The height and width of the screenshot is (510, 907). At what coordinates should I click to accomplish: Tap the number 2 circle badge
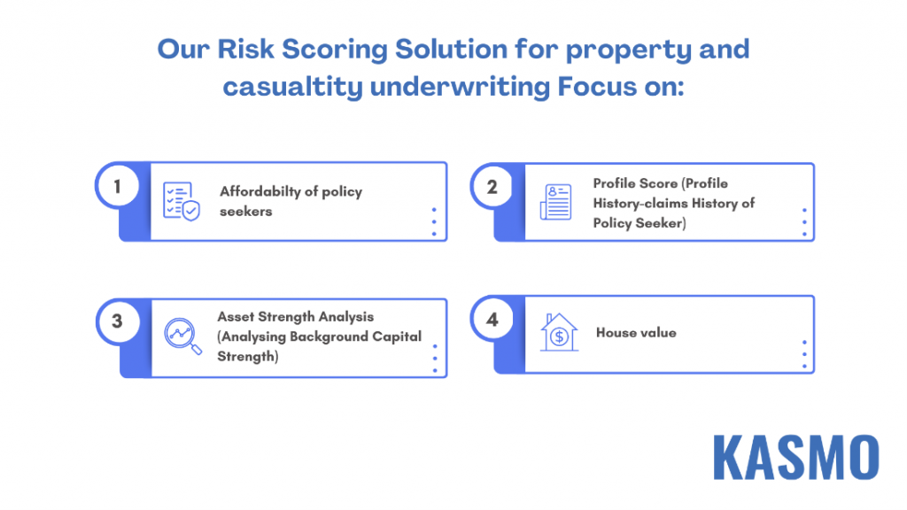click(x=492, y=187)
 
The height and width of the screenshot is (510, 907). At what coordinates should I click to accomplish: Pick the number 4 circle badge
click(x=492, y=320)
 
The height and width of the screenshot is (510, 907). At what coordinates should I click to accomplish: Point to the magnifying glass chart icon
click(x=182, y=336)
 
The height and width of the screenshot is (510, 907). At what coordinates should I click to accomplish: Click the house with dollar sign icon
click(x=559, y=333)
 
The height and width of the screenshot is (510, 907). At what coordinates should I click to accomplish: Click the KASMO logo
click(x=795, y=458)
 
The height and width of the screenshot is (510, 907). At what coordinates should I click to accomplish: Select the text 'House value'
click(x=636, y=333)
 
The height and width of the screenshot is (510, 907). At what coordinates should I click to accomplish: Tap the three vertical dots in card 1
click(x=434, y=222)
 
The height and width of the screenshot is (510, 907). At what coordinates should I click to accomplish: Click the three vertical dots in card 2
click(x=804, y=222)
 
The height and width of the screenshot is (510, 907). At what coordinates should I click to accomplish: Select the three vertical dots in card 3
click(x=435, y=359)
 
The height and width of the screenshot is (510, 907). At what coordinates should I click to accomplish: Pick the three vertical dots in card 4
click(x=804, y=354)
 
